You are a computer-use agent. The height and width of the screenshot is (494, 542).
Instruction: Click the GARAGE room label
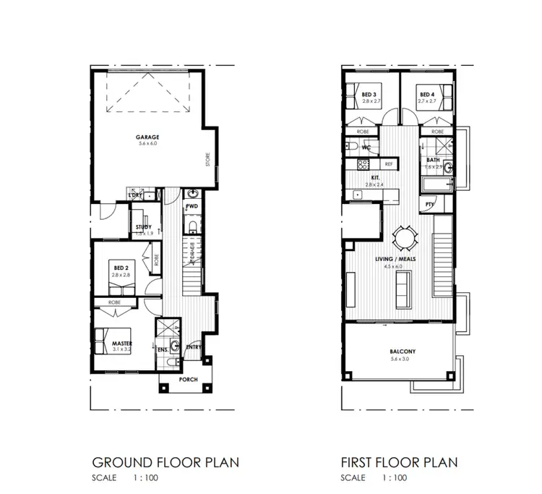(x=147, y=137)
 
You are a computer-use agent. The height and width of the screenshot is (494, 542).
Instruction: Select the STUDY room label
(x=143, y=227)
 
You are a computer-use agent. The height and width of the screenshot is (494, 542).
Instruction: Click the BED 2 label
(x=120, y=268)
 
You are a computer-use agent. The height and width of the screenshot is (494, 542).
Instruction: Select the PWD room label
(x=192, y=208)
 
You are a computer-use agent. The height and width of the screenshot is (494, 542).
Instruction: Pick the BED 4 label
(x=427, y=94)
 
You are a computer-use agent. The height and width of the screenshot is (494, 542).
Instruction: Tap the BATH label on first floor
(x=433, y=160)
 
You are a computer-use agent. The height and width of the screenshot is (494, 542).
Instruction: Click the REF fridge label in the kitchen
(x=389, y=164)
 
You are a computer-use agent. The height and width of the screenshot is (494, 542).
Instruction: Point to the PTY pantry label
(x=429, y=205)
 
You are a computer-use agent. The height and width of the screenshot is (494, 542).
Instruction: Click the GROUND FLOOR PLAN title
(x=165, y=461)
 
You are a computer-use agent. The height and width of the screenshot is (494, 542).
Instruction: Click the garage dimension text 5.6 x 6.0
(x=147, y=145)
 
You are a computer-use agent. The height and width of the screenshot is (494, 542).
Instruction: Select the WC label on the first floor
(x=366, y=148)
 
